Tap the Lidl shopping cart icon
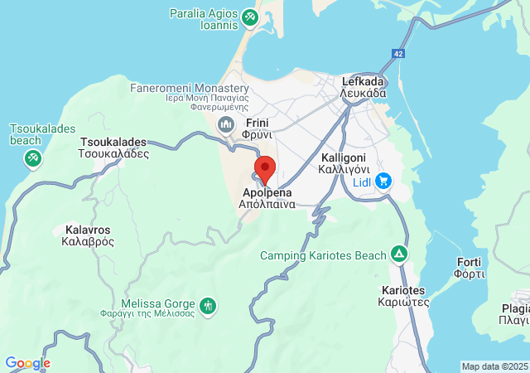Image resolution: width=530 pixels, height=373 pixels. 383,180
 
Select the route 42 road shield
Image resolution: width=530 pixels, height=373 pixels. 399,54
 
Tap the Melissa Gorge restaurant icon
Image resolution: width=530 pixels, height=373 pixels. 208,305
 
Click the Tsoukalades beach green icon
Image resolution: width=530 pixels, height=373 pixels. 32,157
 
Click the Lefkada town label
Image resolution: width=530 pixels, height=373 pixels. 363,87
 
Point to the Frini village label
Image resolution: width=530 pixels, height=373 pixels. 258,128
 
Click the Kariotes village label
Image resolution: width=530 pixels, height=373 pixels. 404,296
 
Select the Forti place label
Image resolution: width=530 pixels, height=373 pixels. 469,268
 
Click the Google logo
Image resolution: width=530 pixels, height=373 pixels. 27,363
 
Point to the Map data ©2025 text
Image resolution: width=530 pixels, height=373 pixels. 494,366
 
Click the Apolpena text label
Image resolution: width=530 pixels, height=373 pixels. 267,197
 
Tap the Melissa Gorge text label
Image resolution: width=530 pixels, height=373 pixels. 158,309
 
